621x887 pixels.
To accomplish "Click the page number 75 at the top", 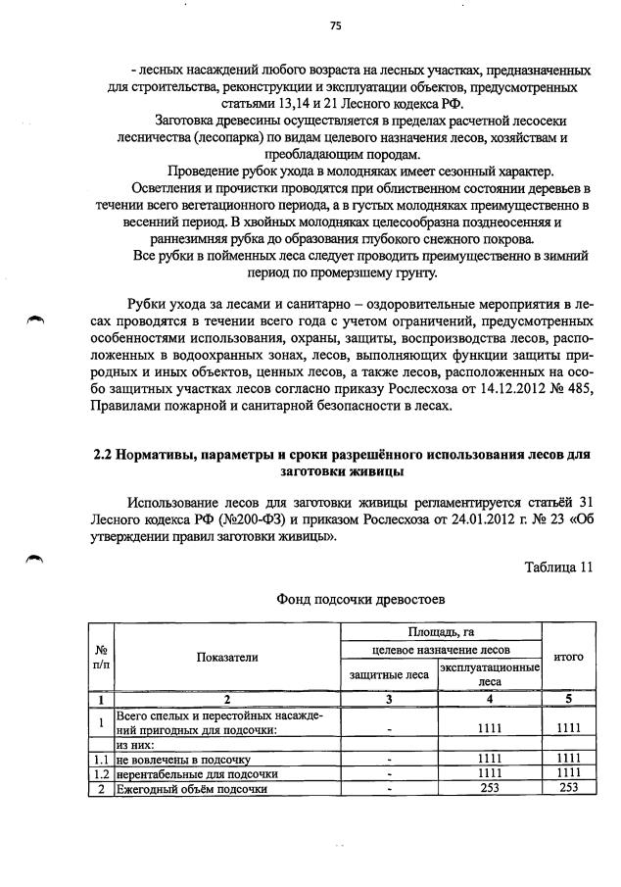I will [334, 26].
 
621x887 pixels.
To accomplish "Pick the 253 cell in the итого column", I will [568, 789].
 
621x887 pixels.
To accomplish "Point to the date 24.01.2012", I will [449, 518].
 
